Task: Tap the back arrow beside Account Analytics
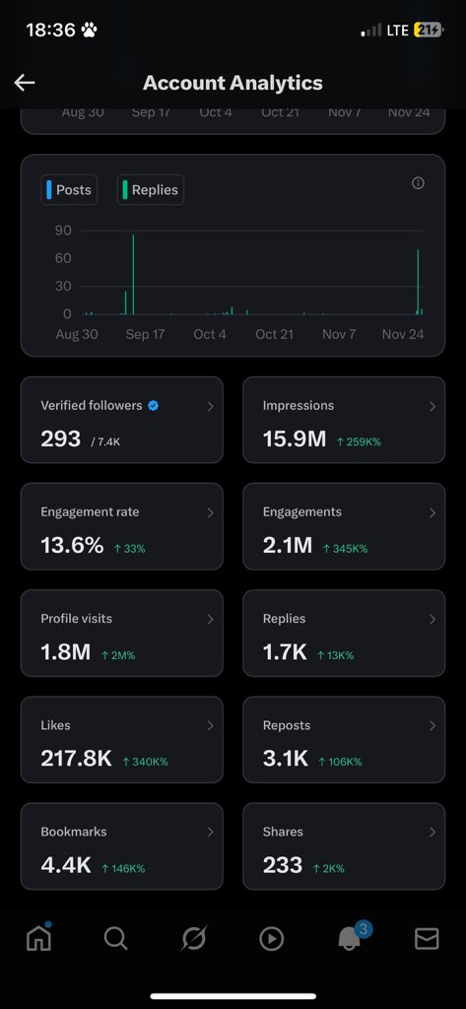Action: click(x=25, y=83)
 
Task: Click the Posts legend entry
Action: click(x=69, y=190)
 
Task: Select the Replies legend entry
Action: click(x=151, y=190)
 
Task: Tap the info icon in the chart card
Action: click(x=418, y=183)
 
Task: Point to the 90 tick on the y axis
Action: click(x=63, y=231)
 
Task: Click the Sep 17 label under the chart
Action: click(x=145, y=334)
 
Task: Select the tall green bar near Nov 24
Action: click(x=418, y=282)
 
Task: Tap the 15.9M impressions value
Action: click(x=294, y=439)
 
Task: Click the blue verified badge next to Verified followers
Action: click(x=153, y=405)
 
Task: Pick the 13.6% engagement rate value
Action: click(x=72, y=546)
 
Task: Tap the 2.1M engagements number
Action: click(x=288, y=546)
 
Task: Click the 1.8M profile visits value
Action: click(x=65, y=652)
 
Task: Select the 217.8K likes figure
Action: click(x=76, y=759)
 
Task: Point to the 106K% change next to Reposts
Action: click(x=339, y=761)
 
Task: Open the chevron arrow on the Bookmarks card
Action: click(x=210, y=832)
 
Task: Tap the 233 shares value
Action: click(x=283, y=865)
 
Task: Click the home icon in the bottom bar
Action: click(x=38, y=938)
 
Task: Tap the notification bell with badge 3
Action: click(x=349, y=939)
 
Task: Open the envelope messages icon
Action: click(x=427, y=939)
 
